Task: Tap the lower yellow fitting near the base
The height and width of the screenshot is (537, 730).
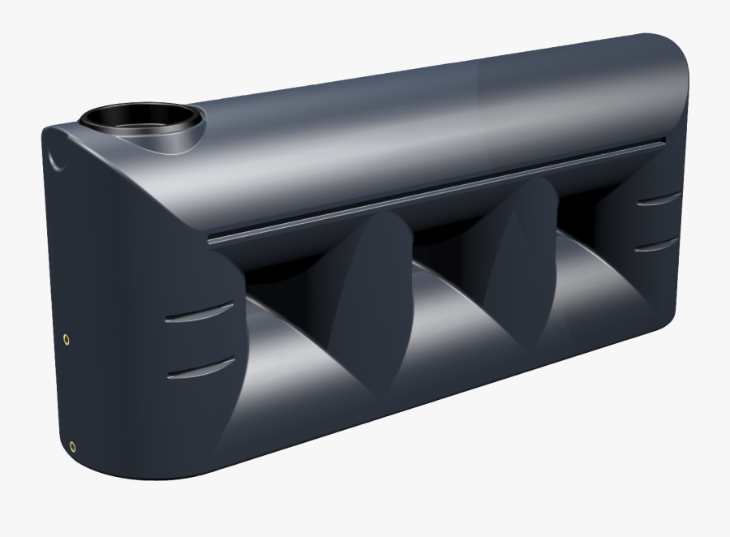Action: point(73,445)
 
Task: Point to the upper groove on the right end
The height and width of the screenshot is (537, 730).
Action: point(658,199)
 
